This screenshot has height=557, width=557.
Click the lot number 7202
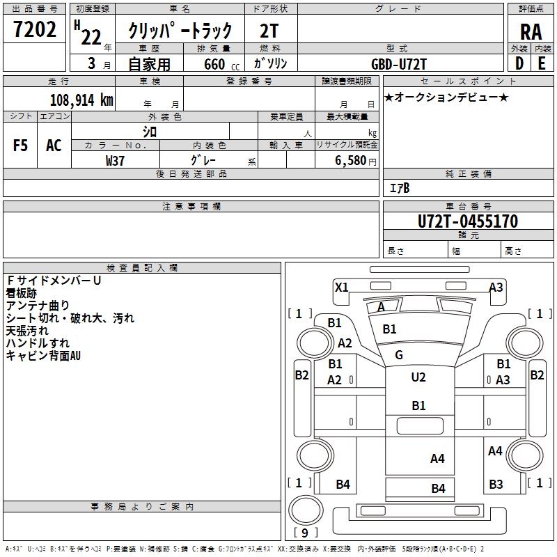tap(34, 29)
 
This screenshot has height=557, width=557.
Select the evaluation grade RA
tap(531, 32)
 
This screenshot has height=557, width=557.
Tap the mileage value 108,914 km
tap(81, 100)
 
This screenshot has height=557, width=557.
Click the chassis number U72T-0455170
tap(468, 221)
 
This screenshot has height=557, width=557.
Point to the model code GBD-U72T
tap(398, 64)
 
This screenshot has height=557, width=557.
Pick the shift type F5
tap(20, 146)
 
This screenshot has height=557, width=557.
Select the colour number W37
tap(115, 161)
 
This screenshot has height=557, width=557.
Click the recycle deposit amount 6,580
tap(351, 161)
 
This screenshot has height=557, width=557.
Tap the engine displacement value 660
tap(214, 64)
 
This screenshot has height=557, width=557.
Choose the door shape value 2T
tap(269, 31)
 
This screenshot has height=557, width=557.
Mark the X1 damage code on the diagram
tap(341, 288)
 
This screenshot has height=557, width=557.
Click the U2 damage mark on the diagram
tap(418, 377)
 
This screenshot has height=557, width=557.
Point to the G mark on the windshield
tap(398, 354)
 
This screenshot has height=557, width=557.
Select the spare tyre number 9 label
tap(305, 533)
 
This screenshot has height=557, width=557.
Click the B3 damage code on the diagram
tap(496, 484)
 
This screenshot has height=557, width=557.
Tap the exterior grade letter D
tap(519, 63)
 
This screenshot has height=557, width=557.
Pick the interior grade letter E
tap(542, 63)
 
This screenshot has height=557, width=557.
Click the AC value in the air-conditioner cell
tap(54, 146)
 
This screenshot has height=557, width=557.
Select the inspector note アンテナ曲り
tap(38, 306)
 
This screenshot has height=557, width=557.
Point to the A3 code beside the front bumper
tap(496, 288)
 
